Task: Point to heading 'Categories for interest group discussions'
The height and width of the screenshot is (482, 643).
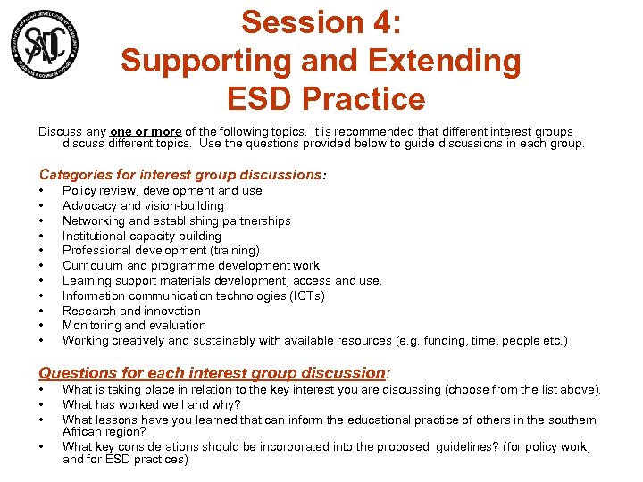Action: tap(180, 174)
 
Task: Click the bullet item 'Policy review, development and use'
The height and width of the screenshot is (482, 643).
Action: tap(162, 190)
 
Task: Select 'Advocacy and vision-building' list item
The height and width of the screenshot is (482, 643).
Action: tap(143, 205)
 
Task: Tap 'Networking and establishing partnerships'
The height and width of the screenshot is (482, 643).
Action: tap(176, 220)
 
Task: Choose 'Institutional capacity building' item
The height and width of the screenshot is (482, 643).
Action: tap(141, 236)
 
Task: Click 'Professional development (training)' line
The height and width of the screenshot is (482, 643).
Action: tap(161, 251)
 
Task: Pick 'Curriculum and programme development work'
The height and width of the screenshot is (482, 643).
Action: tap(190, 265)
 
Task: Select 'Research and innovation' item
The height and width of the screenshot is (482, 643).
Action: tap(131, 311)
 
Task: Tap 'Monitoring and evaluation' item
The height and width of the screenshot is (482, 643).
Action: tap(134, 326)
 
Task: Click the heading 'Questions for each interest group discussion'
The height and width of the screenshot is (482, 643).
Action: tap(211, 373)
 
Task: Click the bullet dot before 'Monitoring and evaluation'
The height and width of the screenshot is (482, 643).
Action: tap(42, 326)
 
